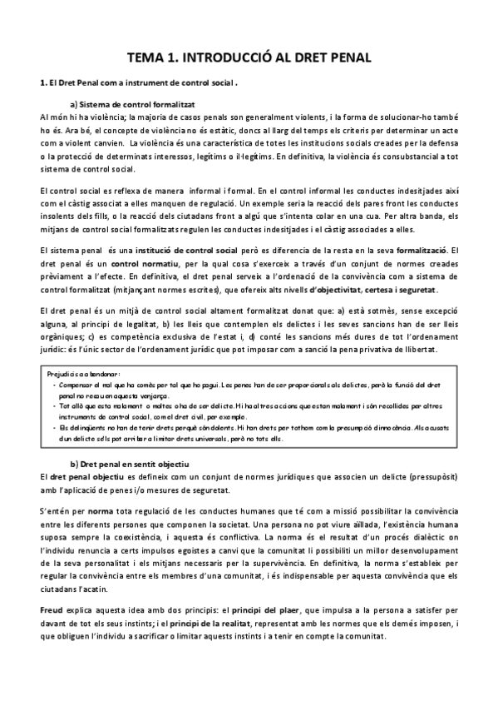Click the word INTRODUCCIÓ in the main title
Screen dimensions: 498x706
[x=236, y=57]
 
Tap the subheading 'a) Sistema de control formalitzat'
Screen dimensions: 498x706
[x=132, y=104]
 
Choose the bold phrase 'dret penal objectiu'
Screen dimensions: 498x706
[x=84, y=475]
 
